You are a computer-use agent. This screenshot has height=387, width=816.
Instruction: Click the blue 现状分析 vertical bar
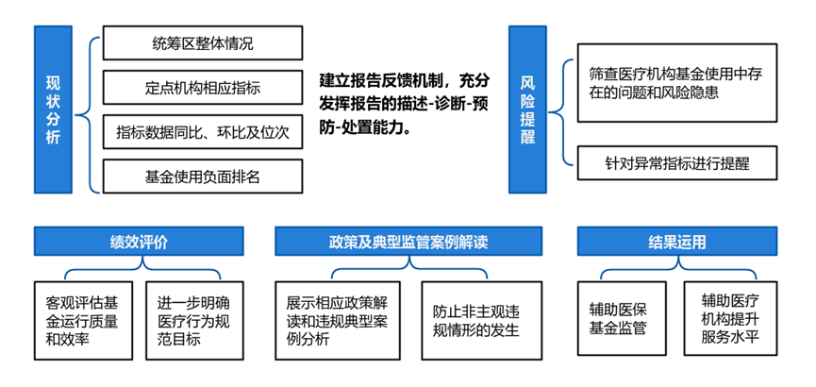[53, 109]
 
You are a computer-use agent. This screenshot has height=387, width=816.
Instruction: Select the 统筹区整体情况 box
[203, 42]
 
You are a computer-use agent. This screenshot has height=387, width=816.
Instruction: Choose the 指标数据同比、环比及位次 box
[203, 131]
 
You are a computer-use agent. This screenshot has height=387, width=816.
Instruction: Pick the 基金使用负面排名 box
[203, 176]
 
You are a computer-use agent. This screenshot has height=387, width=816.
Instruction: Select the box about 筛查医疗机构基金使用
[675, 83]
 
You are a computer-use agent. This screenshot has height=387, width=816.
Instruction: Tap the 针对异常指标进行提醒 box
[675, 163]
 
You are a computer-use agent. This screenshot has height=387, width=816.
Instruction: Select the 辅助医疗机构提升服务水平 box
[731, 319]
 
